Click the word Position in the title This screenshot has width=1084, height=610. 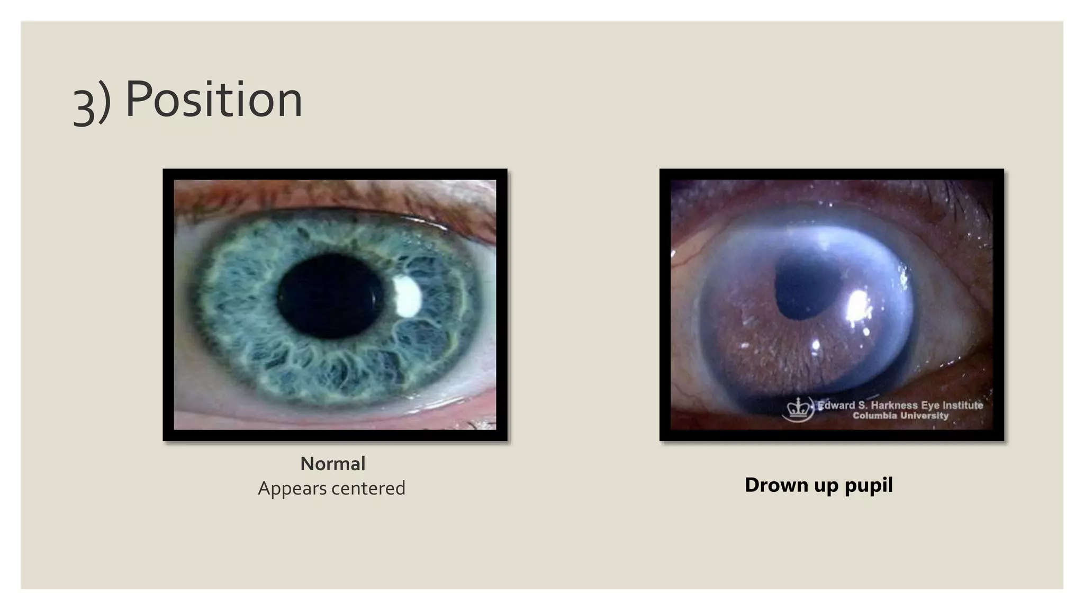pos(214,100)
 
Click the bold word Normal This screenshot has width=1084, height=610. pos(332,464)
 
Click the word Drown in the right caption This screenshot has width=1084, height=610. pos(776,485)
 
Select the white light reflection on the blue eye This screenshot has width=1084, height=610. pos(407,296)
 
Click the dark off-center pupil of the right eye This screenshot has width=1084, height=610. pos(807,286)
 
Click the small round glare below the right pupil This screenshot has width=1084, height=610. pos(816,345)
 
